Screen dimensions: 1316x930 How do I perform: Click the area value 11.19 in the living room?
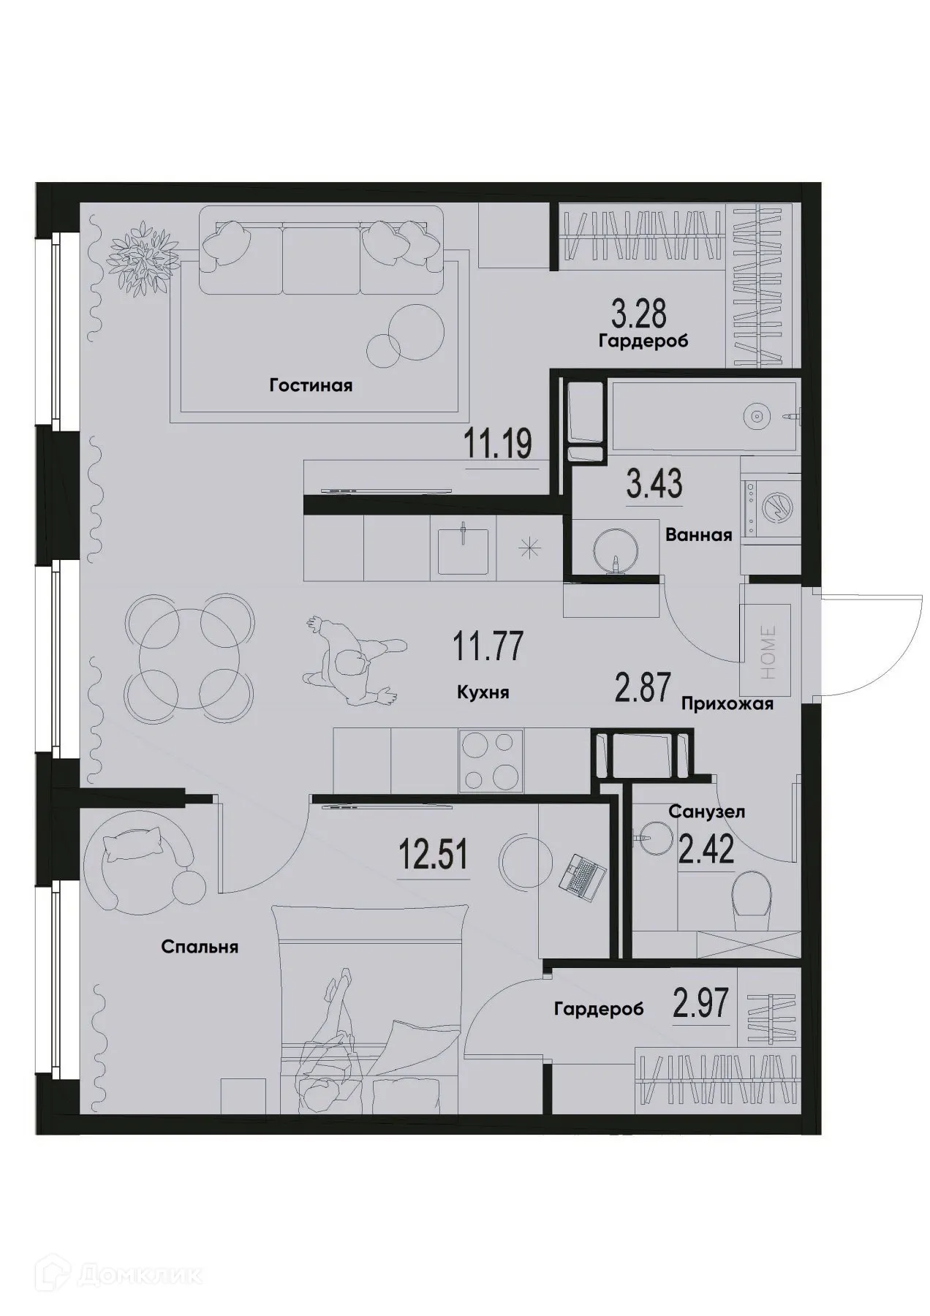coord(497,443)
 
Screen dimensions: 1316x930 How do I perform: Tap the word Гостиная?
coord(311,385)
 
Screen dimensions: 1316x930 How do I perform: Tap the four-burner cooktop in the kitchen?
coord(491,760)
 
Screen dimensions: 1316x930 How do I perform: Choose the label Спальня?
coord(200,947)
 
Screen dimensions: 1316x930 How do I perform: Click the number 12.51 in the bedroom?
coord(433,854)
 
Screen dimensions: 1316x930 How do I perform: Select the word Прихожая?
coord(727,704)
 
